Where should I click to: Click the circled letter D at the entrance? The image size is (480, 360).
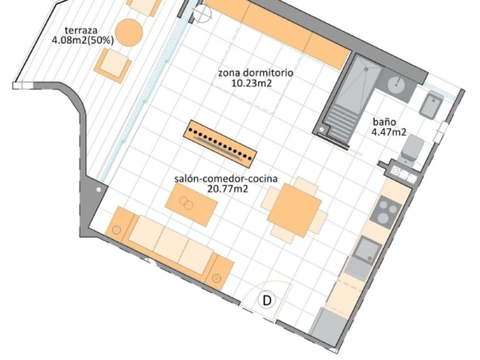pyautogui.click(x=267, y=300)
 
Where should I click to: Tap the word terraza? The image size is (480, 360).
pyautogui.click(x=81, y=30)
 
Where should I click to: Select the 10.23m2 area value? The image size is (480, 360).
pyautogui.click(x=252, y=83)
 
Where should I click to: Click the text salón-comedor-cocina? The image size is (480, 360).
pyautogui.click(x=226, y=178)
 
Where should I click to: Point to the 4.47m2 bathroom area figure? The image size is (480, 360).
pyautogui.click(x=389, y=132)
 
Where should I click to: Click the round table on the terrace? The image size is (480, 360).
pyautogui.click(x=129, y=32)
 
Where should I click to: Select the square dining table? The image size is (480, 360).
pyautogui.click(x=294, y=210)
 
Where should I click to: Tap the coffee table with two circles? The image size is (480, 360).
pyautogui.click(x=192, y=205)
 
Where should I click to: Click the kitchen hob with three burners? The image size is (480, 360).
pyautogui.click(x=385, y=212)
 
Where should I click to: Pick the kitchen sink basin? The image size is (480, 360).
pyautogui.click(x=367, y=250)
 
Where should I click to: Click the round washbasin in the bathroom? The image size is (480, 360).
pyautogui.click(x=398, y=84)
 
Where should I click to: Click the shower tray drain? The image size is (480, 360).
pyautogui.click(x=366, y=70)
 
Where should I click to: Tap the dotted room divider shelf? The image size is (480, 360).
pyautogui.click(x=220, y=144)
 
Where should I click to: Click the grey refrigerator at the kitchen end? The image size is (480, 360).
pyautogui.click(x=328, y=326)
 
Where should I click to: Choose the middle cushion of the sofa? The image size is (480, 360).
pyautogui.click(x=171, y=244)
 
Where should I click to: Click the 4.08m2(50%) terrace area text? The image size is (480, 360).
pyautogui.click(x=83, y=40)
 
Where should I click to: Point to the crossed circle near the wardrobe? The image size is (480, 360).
pyautogui.click(x=202, y=13)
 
